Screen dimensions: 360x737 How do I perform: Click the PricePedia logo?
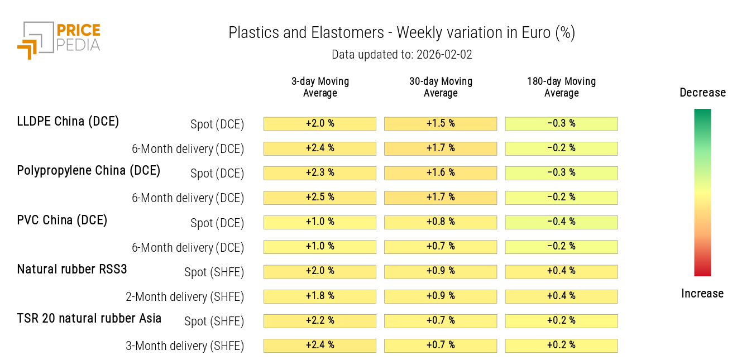[x=58, y=39]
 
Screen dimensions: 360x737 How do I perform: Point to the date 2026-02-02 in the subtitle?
[x=443, y=55]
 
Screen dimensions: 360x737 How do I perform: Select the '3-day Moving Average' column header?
[x=320, y=87]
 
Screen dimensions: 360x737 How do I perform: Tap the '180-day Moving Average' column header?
[x=561, y=87]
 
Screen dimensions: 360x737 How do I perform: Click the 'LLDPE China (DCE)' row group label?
[x=68, y=121]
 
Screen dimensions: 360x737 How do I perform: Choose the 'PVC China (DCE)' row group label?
[x=62, y=220]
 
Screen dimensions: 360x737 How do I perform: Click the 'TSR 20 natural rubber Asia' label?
[x=89, y=319]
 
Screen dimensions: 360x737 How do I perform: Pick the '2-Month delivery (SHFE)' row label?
[x=185, y=296]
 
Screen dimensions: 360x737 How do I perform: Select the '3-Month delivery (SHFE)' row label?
[x=185, y=346]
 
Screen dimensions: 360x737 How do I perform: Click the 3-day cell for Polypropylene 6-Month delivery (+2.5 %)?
[x=320, y=198]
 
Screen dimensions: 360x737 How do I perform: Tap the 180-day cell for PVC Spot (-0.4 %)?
[x=561, y=222]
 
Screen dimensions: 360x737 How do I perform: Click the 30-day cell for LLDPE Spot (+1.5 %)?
[x=441, y=123]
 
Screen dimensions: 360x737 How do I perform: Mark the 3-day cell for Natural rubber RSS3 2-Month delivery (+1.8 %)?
[x=320, y=296]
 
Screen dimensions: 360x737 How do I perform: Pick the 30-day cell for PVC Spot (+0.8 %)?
[x=441, y=222]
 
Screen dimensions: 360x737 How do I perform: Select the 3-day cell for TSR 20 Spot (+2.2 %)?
[x=320, y=321]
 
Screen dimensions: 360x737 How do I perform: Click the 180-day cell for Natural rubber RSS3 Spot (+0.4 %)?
[x=561, y=271]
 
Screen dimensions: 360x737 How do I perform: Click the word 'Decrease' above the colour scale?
[x=702, y=93]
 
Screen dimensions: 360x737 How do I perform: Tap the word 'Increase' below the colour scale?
[x=702, y=294]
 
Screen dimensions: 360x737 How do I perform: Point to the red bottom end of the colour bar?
[x=702, y=272]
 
